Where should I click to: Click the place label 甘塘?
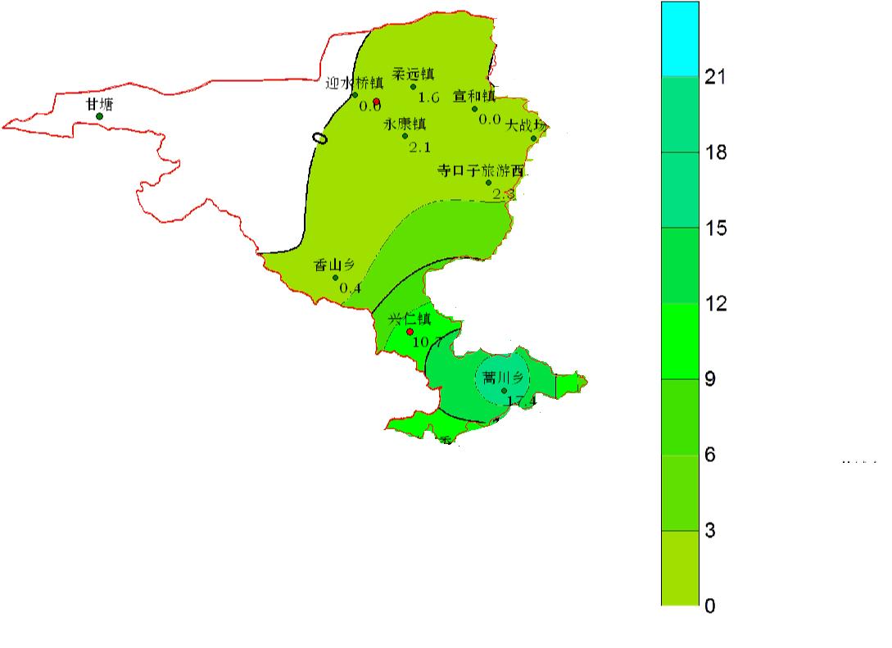tap(100, 104)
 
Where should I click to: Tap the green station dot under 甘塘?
tap(100, 116)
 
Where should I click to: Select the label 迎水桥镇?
tap(355, 82)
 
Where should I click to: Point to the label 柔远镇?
tap(414, 74)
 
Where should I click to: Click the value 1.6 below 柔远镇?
tap(429, 98)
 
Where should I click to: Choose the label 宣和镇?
tap(474, 96)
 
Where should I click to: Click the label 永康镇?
tap(405, 124)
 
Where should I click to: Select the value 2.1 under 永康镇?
tap(419, 148)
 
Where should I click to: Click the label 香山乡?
tap(335, 265)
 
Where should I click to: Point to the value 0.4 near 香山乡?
tap(350, 288)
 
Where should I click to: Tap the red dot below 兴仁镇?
tap(410, 332)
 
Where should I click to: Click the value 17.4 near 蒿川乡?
tap(521, 401)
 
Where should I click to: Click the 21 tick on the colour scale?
tap(713, 78)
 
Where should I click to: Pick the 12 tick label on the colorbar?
tap(715, 305)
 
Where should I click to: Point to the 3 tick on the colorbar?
tap(709, 532)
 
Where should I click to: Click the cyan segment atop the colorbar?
tap(680, 39)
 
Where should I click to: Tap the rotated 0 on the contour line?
tap(322, 138)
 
